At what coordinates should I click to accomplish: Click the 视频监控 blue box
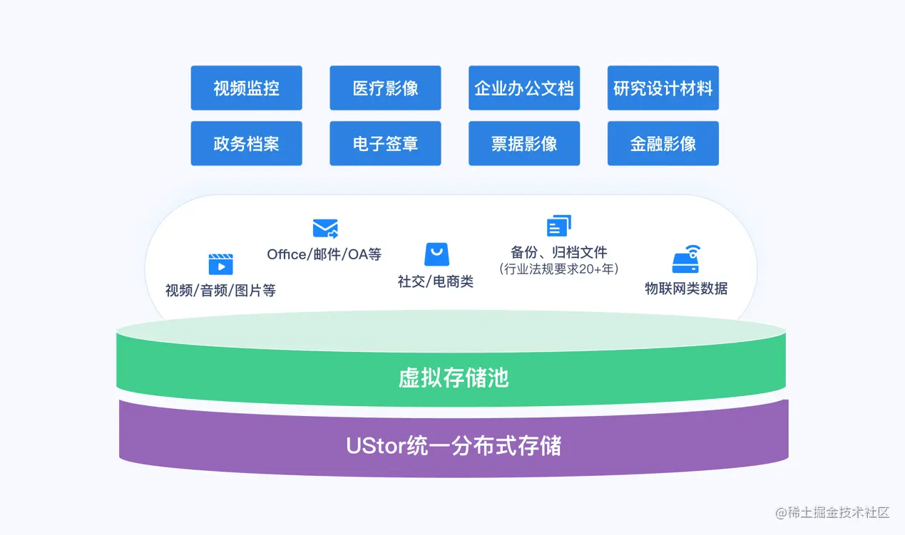point(246,88)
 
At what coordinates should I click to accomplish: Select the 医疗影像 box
point(385,88)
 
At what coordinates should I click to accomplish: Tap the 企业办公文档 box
point(524,88)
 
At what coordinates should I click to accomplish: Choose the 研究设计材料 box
point(663,88)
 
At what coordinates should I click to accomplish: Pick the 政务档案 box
point(246,143)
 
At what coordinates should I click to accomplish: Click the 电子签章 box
point(385,143)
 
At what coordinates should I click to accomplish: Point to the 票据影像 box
point(524,143)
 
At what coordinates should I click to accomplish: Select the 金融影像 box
point(663,143)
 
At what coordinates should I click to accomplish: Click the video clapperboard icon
point(220,264)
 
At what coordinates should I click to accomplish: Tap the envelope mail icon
point(325,228)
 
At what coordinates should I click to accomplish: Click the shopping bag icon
point(436,254)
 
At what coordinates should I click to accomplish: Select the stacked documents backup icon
point(559,226)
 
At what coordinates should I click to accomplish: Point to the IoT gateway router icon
point(686,260)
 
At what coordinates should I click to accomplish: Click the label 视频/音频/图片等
point(220,290)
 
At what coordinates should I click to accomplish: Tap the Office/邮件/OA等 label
point(324,254)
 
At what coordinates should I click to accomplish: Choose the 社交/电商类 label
point(436,281)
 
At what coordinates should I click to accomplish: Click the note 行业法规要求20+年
point(559,269)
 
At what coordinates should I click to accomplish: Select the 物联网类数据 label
point(686,288)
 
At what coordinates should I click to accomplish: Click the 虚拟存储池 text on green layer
point(454,377)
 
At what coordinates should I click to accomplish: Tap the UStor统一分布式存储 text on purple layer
point(454,445)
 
